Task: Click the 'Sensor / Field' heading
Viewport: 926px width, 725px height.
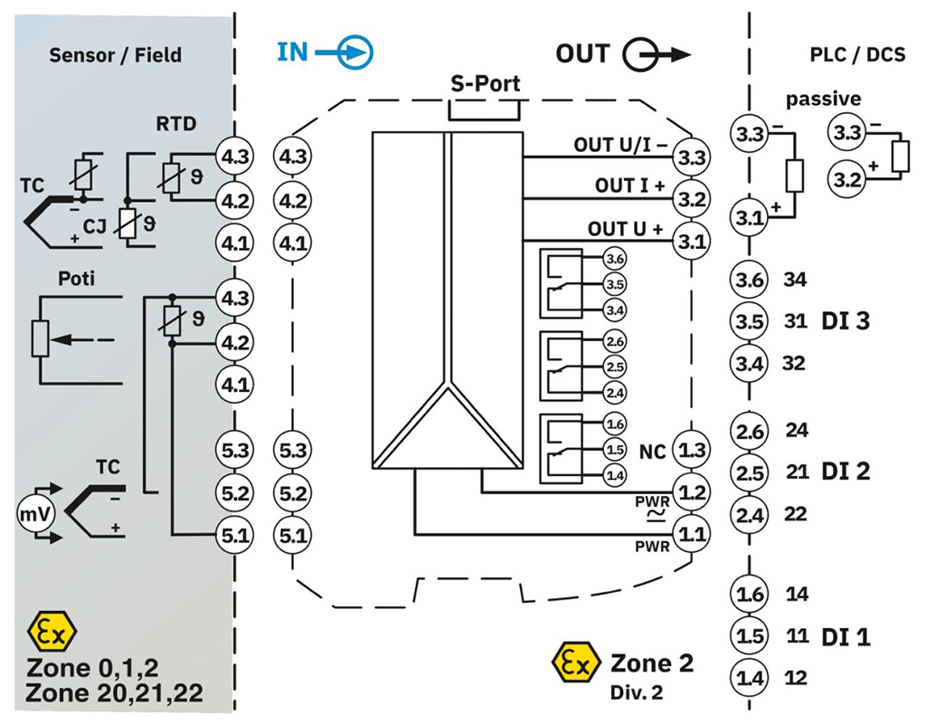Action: pyautogui.click(x=115, y=55)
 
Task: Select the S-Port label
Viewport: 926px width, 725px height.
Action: pyautogui.click(x=486, y=83)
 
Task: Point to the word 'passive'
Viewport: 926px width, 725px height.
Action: pyautogui.click(x=823, y=99)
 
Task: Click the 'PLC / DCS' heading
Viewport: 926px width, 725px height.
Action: pyautogui.click(x=857, y=55)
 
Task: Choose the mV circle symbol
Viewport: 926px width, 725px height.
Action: pyautogui.click(x=36, y=514)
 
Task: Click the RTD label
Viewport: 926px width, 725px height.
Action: pyautogui.click(x=176, y=124)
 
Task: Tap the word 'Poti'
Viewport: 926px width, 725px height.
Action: pyautogui.click(x=76, y=278)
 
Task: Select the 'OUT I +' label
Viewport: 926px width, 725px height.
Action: pyautogui.click(x=629, y=186)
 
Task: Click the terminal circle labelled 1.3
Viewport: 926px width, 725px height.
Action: pyautogui.click(x=692, y=450)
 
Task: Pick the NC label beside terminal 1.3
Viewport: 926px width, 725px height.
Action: pyautogui.click(x=653, y=452)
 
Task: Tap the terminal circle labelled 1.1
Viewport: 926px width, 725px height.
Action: pyautogui.click(x=692, y=534)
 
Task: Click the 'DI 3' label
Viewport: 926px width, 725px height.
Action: pyautogui.click(x=846, y=320)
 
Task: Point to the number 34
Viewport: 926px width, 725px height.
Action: pyautogui.click(x=795, y=279)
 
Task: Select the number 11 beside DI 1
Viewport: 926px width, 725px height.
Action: pyautogui.click(x=797, y=635)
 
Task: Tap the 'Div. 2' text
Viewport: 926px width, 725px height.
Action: pyautogui.click(x=637, y=692)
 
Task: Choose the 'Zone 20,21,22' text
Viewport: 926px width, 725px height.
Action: pyautogui.click(x=114, y=692)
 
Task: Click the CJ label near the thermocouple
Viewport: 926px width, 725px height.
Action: pyautogui.click(x=94, y=225)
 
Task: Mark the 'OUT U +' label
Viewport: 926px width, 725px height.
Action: pyautogui.click(x=625, y=229)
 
